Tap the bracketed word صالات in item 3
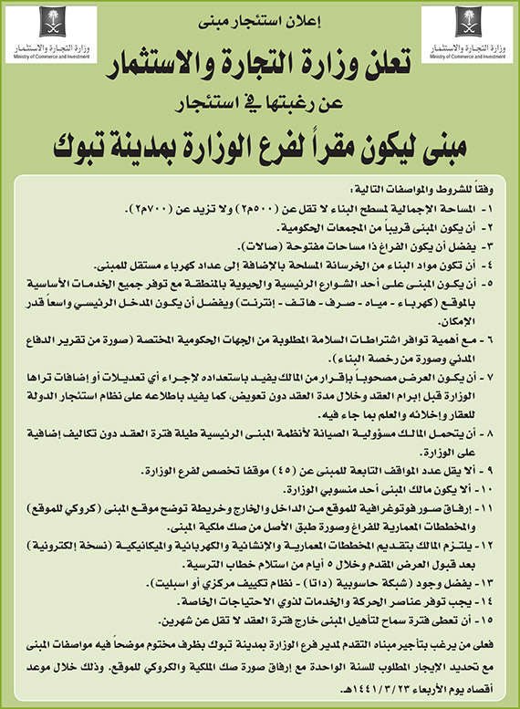(x=261, y=247)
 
